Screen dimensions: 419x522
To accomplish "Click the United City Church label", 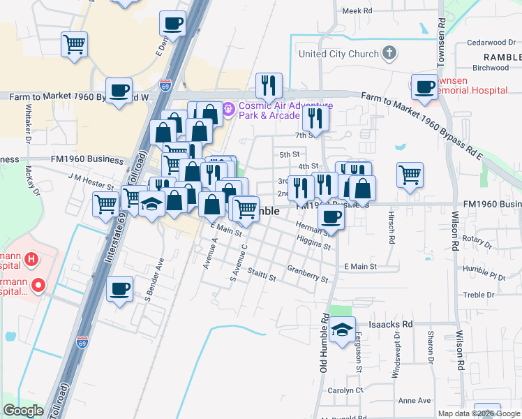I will coord(338,54).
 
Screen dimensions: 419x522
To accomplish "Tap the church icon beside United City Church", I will coord(389,53).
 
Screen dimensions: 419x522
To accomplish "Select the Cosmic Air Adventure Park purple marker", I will coord(228,110).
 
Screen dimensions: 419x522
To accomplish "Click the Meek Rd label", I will coord(358,10).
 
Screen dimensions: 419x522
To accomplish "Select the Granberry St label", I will coord(307,273).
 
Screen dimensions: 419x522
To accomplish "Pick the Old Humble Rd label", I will coord(325,341).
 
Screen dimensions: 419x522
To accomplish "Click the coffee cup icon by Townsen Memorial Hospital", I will coord(424,87).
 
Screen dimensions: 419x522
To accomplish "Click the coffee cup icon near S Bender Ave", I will coord(120,288).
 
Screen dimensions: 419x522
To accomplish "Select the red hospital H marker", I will coord(31,260).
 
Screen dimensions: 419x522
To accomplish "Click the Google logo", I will coord(23,411).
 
